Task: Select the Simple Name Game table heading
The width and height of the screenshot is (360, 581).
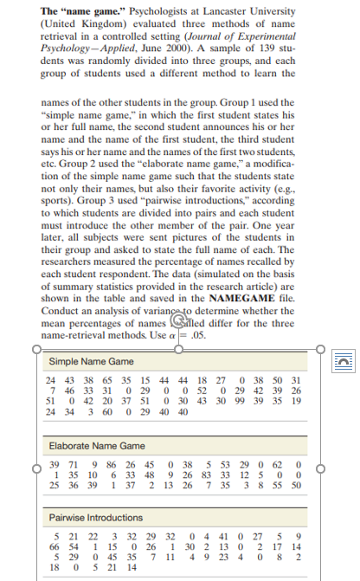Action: pos(92,361)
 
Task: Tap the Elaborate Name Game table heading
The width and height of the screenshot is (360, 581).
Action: pos(97,445)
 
